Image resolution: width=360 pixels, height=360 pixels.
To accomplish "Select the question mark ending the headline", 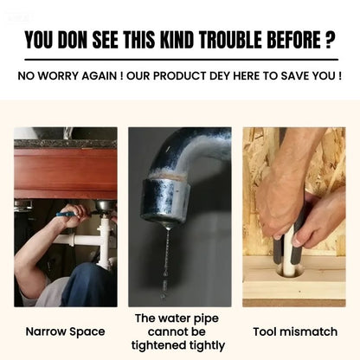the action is click(x=330, y=40).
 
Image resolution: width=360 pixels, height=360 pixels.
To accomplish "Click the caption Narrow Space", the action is click(x=65, y=331).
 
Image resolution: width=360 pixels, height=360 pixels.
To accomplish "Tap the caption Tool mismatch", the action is click(x=295, y=331).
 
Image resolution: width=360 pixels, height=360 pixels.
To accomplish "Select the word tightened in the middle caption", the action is click(x=158, y=345).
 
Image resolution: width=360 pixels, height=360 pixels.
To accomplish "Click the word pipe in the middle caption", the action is click(x=206, y=319).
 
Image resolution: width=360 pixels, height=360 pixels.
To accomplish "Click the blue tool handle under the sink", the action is click(x=66, y=214).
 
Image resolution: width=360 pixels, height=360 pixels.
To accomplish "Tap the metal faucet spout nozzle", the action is click(x=165, y=200).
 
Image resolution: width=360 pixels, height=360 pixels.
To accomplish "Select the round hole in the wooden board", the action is click(x=290, y=270).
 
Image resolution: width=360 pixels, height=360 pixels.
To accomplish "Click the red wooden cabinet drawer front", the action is click(x=66, y=174).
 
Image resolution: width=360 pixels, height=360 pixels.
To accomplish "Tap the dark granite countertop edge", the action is click(x=66, y=144).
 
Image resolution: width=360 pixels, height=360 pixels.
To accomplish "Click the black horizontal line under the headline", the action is click(x=182, y=60).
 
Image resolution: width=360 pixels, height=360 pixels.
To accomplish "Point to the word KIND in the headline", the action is click(x=177, y=40).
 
